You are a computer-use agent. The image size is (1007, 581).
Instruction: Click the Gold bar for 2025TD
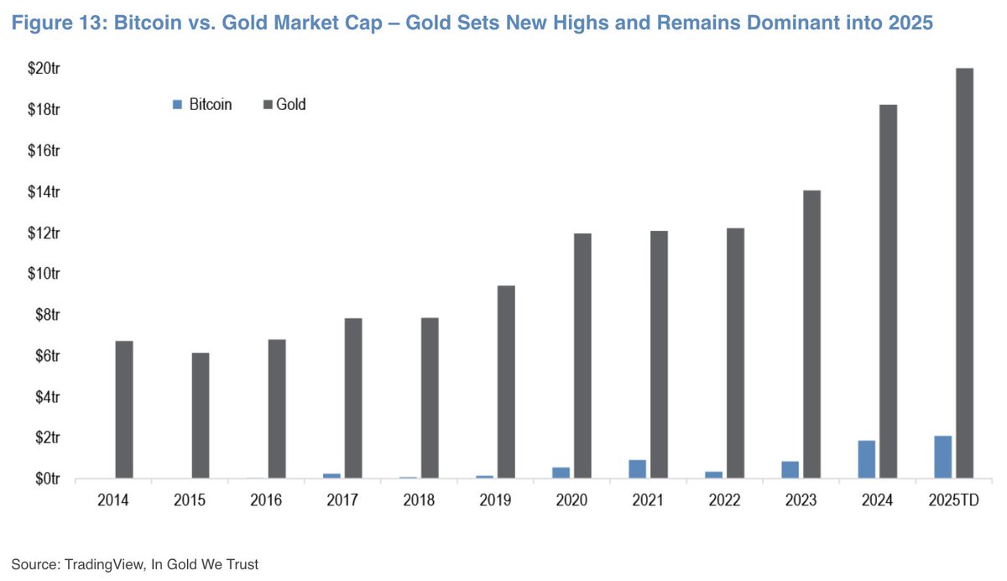964,273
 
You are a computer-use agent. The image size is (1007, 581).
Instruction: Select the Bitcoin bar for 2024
866,459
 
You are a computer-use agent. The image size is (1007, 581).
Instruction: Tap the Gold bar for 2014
124,410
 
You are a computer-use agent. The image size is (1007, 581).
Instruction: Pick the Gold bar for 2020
582,356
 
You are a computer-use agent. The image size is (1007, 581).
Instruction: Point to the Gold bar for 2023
811,334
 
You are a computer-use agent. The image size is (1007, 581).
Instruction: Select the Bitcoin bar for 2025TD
942,457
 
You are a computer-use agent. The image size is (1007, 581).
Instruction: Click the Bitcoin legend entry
201,105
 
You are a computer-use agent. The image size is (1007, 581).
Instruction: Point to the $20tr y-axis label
43,69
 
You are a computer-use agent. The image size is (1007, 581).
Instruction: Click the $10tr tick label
43,274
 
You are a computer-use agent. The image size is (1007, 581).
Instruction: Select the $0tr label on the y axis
45,479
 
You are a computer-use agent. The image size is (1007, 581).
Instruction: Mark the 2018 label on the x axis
419,500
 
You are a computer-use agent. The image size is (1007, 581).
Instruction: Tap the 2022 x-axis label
724,500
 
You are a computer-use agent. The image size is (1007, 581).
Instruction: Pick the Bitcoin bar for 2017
331,476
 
